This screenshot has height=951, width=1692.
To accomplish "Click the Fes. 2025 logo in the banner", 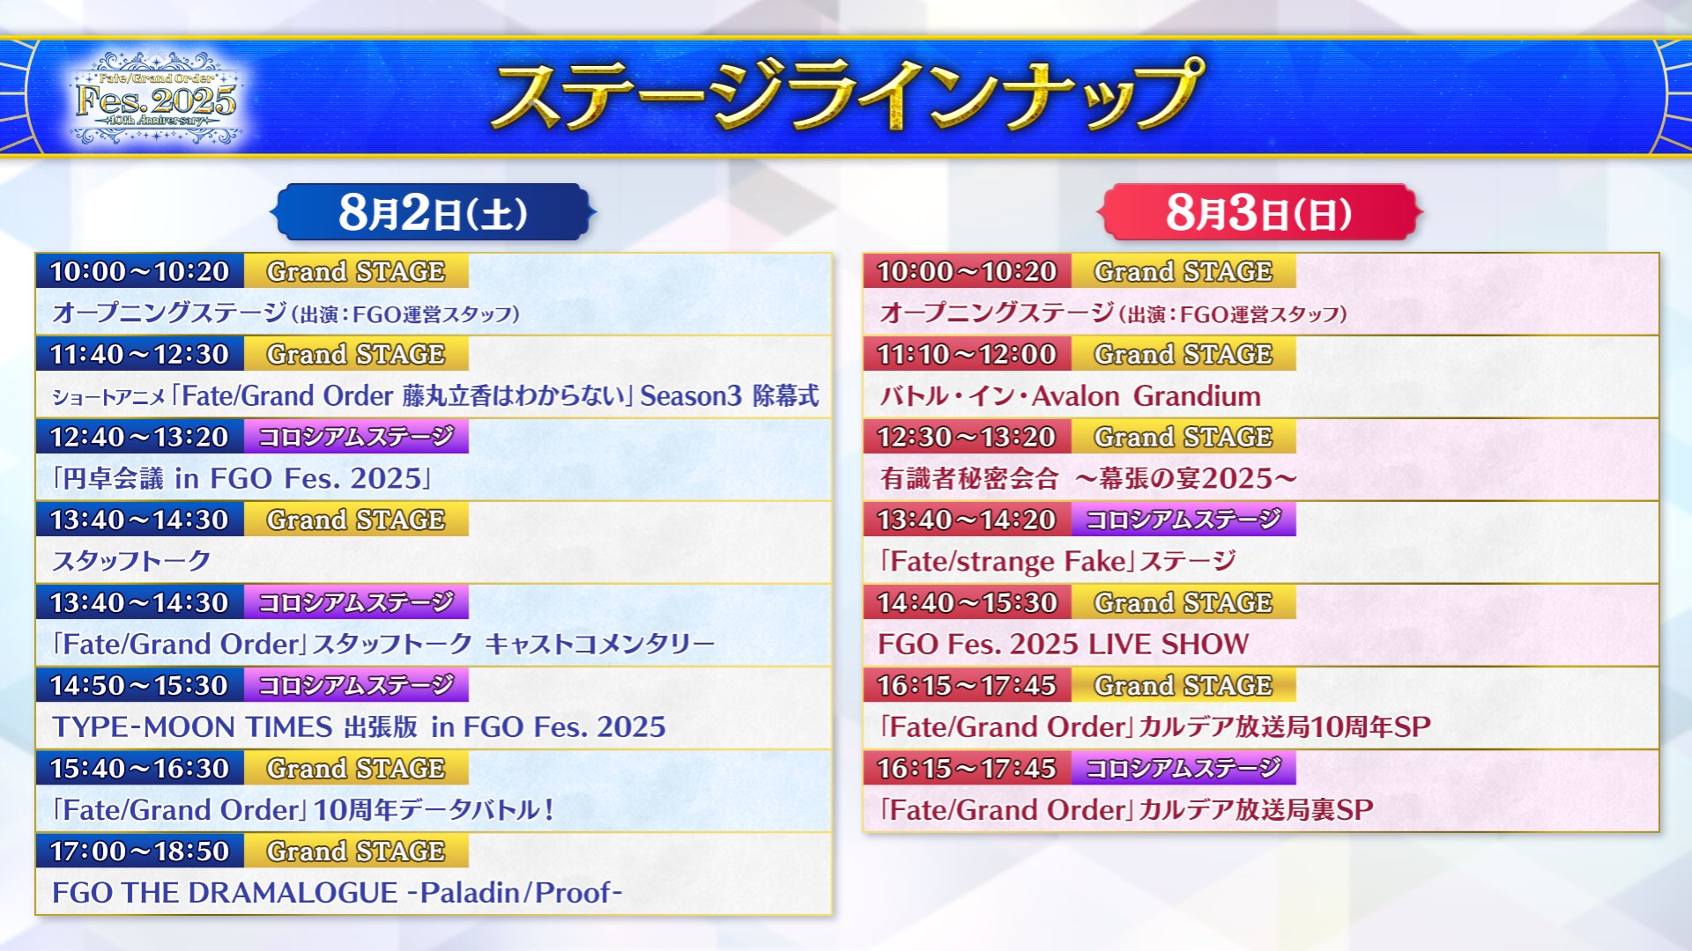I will tap(156, 99).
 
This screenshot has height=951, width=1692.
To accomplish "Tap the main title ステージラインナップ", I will tap(846, 93).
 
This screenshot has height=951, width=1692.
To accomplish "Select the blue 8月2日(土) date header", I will tap(433, 212).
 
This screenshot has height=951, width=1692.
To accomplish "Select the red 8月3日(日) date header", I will tap(1258, 212).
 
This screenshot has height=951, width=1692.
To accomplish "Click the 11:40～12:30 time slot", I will tap(139, 354).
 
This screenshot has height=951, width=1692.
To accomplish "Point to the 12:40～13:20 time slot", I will tap(139, 437).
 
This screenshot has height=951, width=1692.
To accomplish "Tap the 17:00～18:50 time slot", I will tap(139, 851).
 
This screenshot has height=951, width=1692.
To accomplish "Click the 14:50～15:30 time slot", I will tap(139, 685).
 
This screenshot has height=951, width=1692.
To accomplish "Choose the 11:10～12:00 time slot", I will tap(967, 354).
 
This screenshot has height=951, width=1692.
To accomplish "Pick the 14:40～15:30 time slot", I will tap(967, 602).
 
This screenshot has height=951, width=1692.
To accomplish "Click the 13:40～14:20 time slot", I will tap(967, 520).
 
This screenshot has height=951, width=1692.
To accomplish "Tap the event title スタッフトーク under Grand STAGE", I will tap(131, 561).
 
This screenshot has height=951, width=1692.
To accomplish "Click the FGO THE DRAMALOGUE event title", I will tap(337, 892).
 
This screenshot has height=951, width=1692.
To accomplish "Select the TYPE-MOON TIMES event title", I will tap(359, 726).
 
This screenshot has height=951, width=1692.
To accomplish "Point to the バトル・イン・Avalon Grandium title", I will tap(1070, 395).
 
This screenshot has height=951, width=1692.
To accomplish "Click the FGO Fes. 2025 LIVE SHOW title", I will tap(1063, 644).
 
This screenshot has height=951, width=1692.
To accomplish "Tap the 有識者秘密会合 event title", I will tap(1088, 478).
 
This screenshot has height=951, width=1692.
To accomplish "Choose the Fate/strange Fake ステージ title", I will tap(1057, 561).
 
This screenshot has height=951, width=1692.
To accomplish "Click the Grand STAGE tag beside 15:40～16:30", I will tap(356, 768).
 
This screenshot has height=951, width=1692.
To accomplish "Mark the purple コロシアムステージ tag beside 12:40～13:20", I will tap(356, 437).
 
